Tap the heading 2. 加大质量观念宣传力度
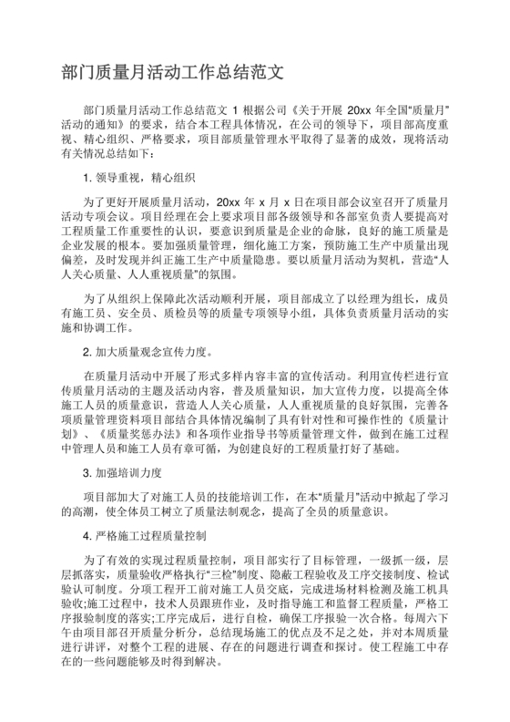point(146,351)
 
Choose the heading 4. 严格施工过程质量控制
point(146,534)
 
